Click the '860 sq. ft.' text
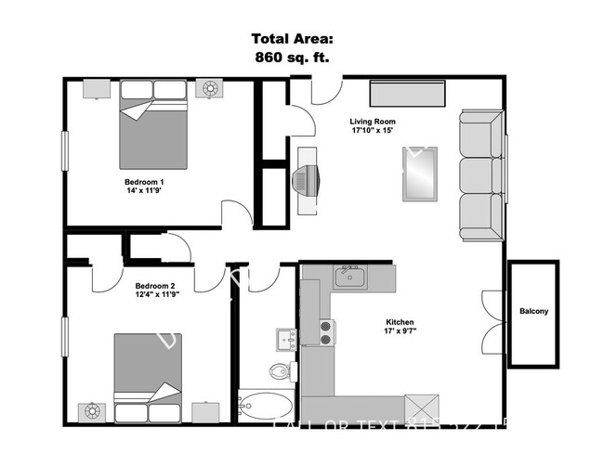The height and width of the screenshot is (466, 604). tap(291, 56)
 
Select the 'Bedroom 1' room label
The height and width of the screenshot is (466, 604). tap(144, 181)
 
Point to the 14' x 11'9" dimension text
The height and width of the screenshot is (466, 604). tap(144, 192)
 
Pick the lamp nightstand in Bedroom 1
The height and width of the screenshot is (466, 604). tap(210, 89)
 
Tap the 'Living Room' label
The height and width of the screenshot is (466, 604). tap(372, 122)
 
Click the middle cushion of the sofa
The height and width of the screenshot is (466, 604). tap(479, 173)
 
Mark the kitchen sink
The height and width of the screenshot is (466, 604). tap(350, 276)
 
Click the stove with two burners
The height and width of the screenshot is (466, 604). tap(327, 331)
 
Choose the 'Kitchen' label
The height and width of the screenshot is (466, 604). tap(400, 322)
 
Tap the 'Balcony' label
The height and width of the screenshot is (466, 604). tap(533, 311)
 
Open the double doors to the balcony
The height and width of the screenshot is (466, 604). tap(491, 315)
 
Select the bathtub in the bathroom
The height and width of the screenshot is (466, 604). tap(265, 407)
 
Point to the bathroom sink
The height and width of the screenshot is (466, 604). tap(283, 337)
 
